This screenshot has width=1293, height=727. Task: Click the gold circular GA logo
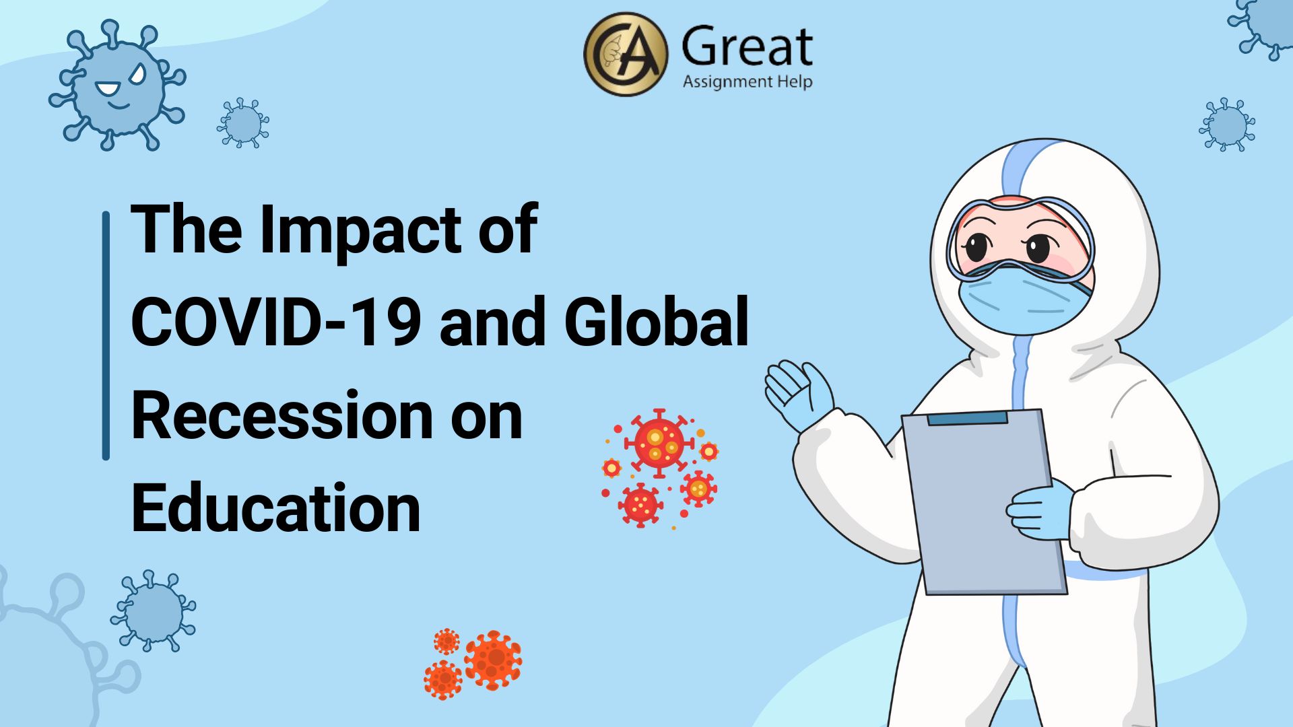point(626,54)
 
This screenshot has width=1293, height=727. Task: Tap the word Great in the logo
point(747,47)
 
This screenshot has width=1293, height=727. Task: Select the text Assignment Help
point(748,82)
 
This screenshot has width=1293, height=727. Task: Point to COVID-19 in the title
point(276,321)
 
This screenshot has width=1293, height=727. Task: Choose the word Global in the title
point(657,321)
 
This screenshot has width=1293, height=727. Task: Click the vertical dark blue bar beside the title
point(106,336)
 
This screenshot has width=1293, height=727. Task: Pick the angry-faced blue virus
point(117,85)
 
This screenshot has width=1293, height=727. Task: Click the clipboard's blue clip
point(967,419)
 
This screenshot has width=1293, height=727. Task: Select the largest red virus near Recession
point(659,442)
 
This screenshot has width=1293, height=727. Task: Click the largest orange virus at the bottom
point(493,659)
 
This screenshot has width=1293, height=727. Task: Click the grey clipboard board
point(983,502)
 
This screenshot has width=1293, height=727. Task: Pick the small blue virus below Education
point(154,611)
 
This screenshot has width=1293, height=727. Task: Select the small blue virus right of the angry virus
point(243,123)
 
